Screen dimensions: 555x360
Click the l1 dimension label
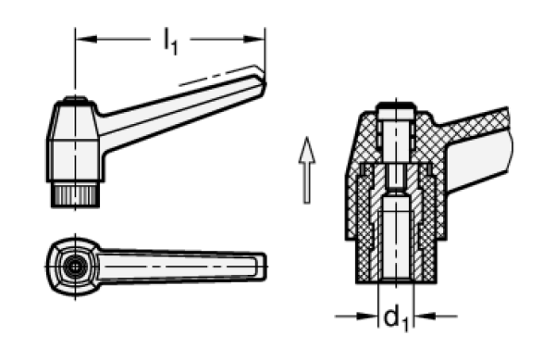170,39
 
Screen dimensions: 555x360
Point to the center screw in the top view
74,264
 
